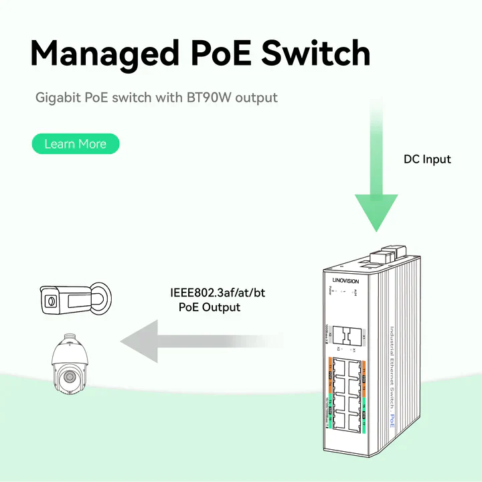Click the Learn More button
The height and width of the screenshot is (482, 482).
tap(75, 144)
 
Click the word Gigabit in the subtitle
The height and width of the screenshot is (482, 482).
tap(58, 98)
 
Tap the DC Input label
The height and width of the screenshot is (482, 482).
tap(427, 159)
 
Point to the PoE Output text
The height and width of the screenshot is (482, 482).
tap(210, 307)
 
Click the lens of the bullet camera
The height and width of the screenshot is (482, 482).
tap(50, 302)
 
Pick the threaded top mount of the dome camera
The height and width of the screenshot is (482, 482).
tap(70, 335)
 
